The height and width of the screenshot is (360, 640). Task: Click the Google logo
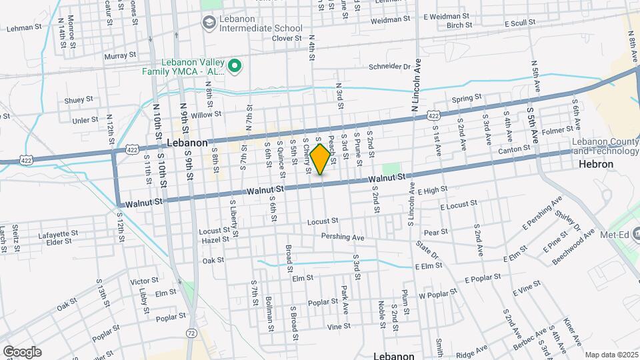(21, 352)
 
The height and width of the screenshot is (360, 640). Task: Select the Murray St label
(120, 55)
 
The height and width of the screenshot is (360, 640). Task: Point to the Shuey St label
(79, 100)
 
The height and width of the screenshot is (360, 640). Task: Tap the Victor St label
(144, 281)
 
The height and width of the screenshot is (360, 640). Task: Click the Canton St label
(513, 151)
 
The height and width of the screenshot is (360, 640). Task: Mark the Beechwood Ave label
(573, 245)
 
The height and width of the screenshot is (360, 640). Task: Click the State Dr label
(427, 252)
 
